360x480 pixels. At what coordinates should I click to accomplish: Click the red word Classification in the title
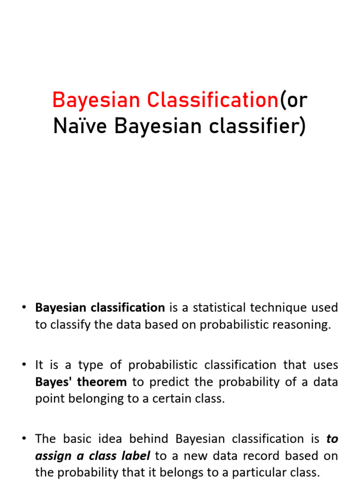(213, 100)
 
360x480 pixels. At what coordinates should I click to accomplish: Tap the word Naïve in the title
(80, 126)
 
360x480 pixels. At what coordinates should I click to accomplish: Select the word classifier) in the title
(257, 127)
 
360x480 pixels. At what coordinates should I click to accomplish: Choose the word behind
(149, 439)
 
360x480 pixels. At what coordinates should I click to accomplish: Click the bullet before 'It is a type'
(24, 364)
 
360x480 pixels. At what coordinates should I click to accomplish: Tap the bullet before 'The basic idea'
(24, 438)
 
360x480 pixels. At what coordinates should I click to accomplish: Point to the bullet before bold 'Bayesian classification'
(24, 307)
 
